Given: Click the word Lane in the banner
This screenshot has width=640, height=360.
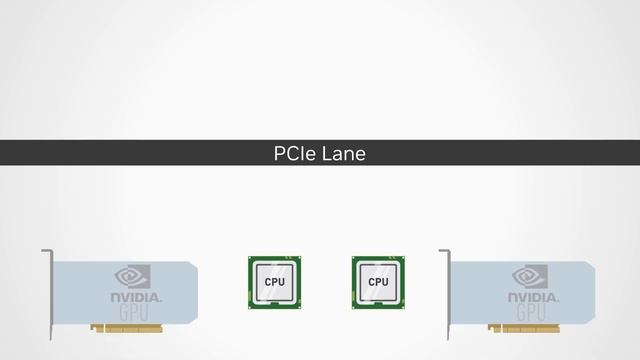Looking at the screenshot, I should [343, 154].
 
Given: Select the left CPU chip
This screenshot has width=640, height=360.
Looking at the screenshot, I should [274, 282].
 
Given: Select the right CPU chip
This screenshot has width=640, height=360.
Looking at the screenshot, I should [378, 282].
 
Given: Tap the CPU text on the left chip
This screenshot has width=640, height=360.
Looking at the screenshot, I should [274, 283].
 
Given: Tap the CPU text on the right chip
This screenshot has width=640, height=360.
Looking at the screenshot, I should [378, 283].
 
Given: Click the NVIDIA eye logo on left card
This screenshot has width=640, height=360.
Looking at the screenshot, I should [133, 276].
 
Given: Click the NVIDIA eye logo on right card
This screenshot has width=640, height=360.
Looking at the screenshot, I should [530, 276].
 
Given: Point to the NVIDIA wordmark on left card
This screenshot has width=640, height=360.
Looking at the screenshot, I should [135, 298].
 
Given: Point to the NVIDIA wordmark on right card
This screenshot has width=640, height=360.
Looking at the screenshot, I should [533, 298].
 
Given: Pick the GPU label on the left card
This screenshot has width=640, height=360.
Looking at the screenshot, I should [135, 314].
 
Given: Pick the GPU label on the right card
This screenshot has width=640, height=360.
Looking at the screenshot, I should [533, 314].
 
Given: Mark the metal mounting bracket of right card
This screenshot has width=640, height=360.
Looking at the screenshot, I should [446, 295].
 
